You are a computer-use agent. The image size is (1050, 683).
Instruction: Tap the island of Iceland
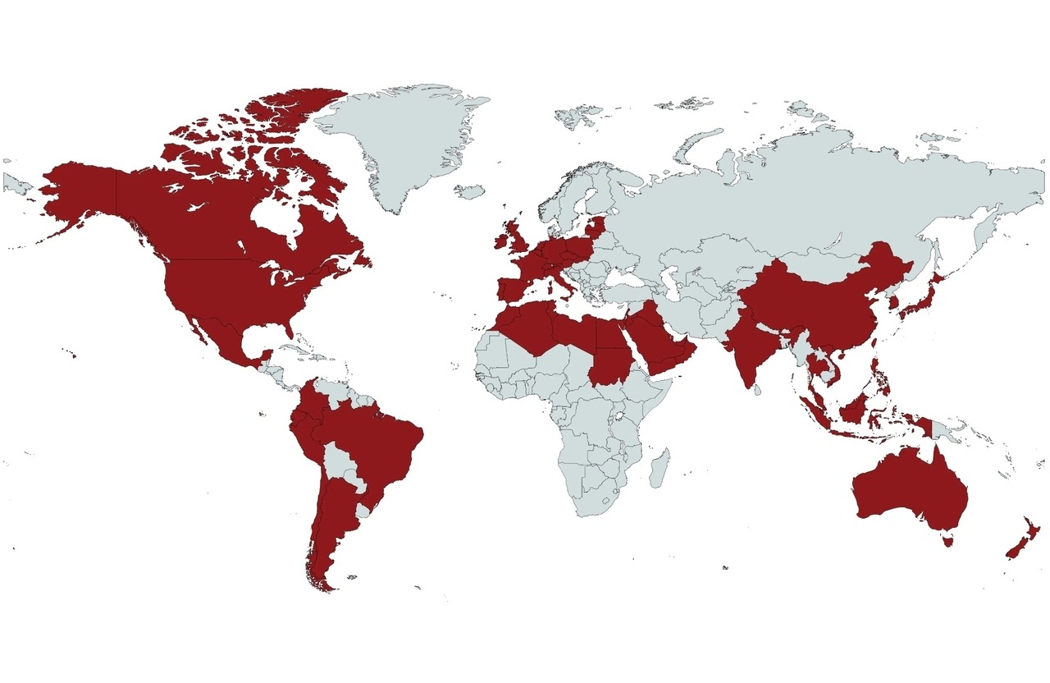pos(469,191)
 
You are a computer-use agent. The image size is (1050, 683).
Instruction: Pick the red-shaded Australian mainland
pos(911,493)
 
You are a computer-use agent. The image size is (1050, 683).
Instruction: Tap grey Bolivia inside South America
pos(340,464)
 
